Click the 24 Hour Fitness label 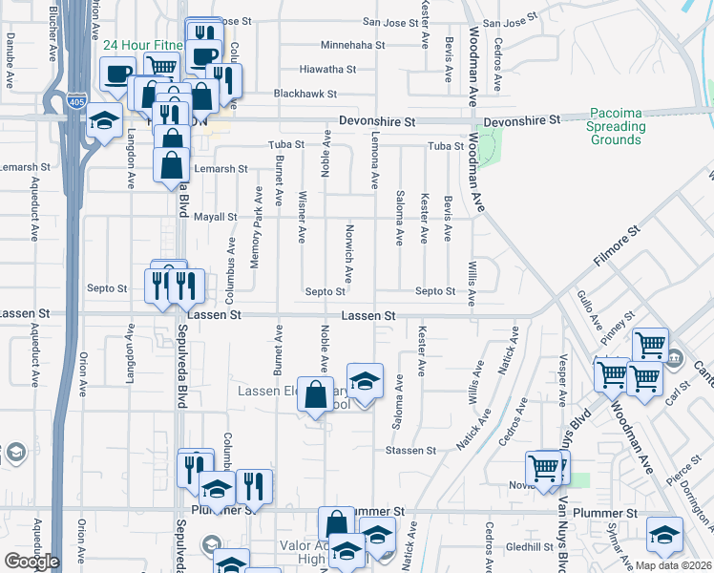pos(142,45)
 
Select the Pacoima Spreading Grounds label pos(616,126)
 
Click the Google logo pos(31,561)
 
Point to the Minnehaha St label pos(352,45)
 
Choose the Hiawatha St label pos(327,70)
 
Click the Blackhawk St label pos(305,94)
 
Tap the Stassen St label pos(410,450)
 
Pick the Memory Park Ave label pos(256,227)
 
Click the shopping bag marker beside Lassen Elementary pos(316,395)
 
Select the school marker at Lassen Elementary pos(364,382)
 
